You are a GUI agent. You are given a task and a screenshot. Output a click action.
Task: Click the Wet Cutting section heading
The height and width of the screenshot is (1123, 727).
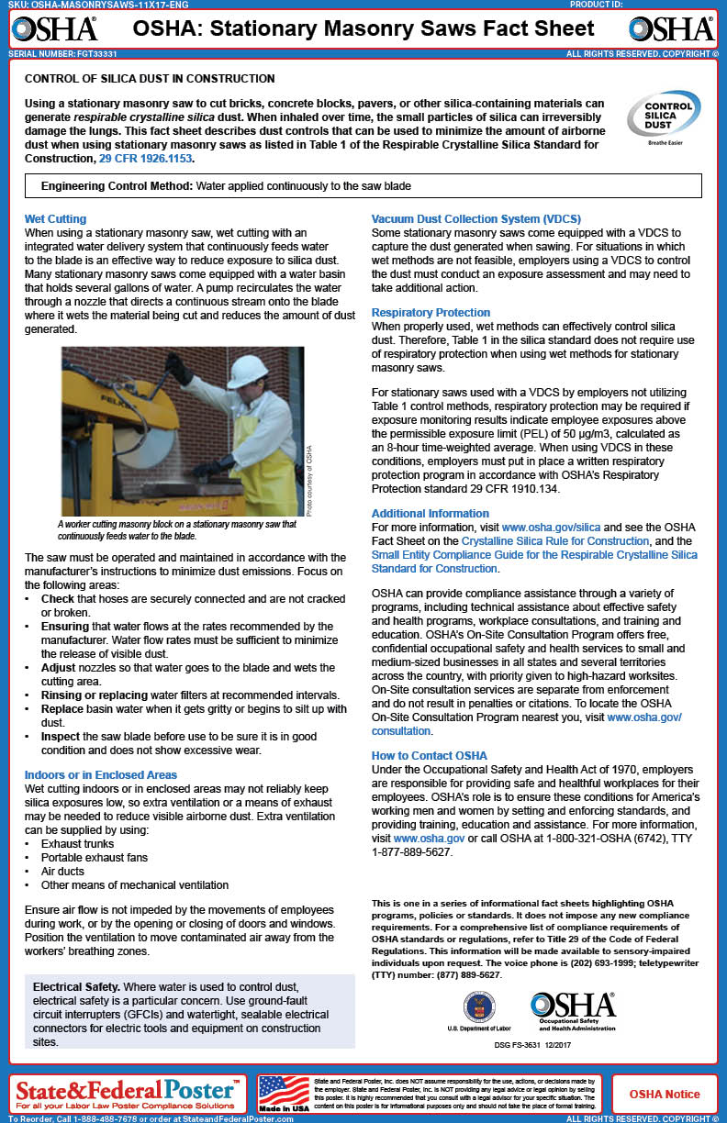[x=55, y=219]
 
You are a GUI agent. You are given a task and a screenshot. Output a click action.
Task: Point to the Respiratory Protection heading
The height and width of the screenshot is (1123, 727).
[x=431, y=313]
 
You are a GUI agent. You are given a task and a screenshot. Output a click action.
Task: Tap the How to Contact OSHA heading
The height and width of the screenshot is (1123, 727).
[x=429, y=756]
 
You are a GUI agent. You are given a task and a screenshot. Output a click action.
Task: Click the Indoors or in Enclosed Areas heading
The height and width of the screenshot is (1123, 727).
[x=101, y=775]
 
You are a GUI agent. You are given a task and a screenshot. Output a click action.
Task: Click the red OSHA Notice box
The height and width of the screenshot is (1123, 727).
[x=664, y=1094]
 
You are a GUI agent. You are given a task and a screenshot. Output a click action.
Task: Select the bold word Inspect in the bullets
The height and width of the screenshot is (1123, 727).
[x=62, y=736]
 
